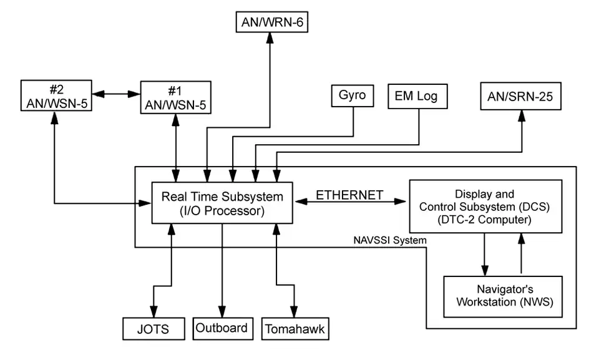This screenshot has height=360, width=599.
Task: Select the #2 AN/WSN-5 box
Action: click(57, 95)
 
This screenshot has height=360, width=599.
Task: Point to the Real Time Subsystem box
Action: click(222, 203)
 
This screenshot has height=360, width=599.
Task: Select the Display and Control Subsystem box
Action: click(485, 205)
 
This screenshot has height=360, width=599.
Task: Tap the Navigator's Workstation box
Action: click(502, 296)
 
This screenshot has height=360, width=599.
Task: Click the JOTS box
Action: click(153, 328)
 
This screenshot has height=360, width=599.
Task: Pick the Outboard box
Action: click(222, 328)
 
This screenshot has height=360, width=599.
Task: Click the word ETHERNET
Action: click(349, 195)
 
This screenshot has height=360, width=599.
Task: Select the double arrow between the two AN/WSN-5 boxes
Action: click(116, 94)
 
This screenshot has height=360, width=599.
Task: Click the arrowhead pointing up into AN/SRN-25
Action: click(522, 117)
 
